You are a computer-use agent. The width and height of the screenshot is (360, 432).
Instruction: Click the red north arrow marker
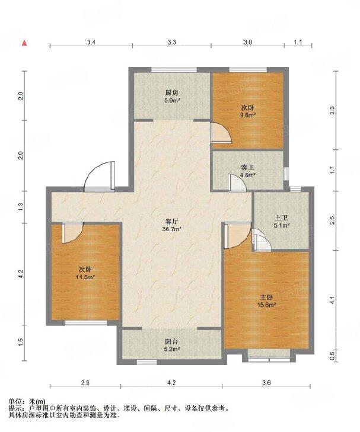24,43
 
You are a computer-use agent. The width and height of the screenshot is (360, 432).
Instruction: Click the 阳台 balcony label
172,342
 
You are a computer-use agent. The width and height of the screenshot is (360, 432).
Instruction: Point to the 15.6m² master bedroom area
266,305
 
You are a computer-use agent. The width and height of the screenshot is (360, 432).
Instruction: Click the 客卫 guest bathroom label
247,168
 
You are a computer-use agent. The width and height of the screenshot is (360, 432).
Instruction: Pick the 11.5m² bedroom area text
86,277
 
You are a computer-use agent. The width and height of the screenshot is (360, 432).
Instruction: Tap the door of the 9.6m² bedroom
221,133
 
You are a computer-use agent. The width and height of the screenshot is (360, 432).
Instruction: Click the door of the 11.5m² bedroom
72,233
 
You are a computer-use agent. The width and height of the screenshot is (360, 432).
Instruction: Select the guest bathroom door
237,183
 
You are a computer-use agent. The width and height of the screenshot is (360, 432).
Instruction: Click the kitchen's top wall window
174,71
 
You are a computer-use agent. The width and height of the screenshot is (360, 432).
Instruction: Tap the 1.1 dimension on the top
298,42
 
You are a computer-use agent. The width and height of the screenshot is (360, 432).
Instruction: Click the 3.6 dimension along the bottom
266,382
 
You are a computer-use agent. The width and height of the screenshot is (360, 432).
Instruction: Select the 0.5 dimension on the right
332,355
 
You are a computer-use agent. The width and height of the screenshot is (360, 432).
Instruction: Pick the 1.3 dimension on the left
21,207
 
